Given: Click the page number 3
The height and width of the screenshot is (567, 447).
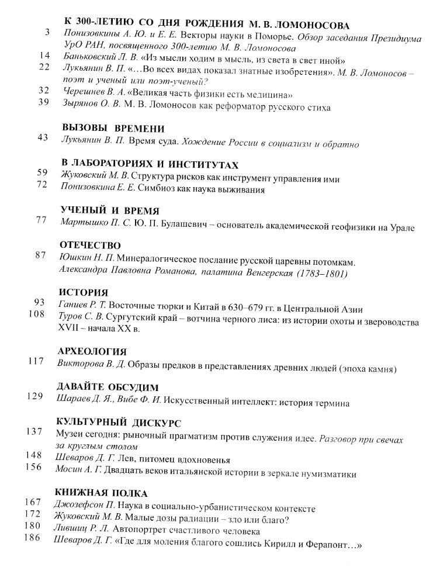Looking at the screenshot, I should pyautogui.click(x=46, y=32).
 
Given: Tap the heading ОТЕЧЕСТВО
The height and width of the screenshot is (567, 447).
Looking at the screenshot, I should pyautogui.click(x=91, y=245).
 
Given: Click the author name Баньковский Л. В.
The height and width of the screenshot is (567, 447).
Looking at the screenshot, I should pyautogui.click(x=94, y=60).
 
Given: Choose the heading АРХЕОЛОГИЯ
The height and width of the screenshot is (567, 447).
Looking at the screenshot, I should pyautogui.click(x=93, y=351).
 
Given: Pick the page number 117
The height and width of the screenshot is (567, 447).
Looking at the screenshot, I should pyautogui.click(x=36, y=361).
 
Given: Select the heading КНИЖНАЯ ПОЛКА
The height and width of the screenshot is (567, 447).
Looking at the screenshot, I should pyautogui.click(x=101, y=493).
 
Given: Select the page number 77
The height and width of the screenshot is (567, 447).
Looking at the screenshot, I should pyautogui.click(x=41, y=220).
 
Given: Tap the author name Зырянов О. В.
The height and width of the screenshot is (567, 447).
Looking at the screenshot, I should pyautogui.click(x=90, y=108).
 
